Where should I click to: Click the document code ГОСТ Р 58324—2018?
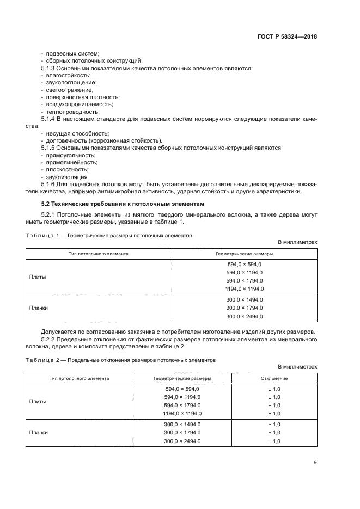click(287, 37)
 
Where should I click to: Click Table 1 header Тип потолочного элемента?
click(99, 254)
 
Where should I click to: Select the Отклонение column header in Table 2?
click(274, 378)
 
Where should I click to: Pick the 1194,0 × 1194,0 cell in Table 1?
click(244, 289)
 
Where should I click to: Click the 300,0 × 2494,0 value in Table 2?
click(182, 441)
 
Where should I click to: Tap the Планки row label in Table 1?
click(38, 308)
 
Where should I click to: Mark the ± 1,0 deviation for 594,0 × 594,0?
click(274, 389)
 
